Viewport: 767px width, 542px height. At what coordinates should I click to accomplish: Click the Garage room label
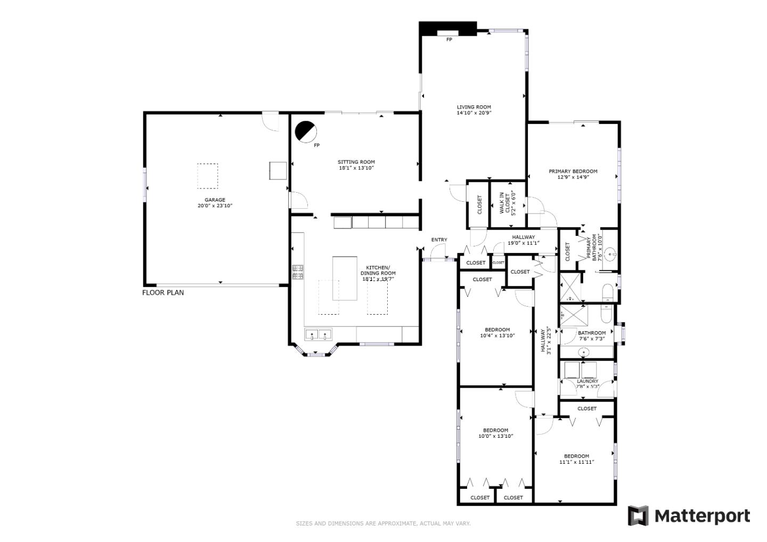(x=215, y=200)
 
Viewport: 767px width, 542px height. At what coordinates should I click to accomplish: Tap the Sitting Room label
(x=356, y=162)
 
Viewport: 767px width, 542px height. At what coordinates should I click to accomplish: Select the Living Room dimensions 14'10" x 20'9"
(x=474, y=113)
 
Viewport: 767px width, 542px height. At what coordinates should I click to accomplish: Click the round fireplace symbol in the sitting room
(x=306, y=132)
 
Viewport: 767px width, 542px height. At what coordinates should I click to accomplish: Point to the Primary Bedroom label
(x=573, y=171)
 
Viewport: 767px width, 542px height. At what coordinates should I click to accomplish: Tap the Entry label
(x=439, y=240)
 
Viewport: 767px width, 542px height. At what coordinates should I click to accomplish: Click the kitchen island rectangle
(x=345, y=278)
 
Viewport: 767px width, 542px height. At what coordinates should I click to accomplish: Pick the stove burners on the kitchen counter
(x=298, y=272)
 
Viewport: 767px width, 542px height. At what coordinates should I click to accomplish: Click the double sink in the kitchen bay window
(x=318, y=335)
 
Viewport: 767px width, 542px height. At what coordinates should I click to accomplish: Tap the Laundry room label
(x=588, y=381)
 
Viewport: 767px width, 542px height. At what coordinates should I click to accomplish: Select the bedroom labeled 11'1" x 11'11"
(x=576, y=459)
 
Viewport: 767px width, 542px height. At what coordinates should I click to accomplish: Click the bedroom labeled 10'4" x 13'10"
(x=497, y=333)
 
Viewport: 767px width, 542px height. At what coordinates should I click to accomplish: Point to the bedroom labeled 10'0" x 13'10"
(x=495, y=433)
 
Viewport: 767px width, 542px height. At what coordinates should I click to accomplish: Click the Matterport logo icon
(x=638, y=516)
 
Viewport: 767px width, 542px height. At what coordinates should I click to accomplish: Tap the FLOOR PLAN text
(x=163, y=292)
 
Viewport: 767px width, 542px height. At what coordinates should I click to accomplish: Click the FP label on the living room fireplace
(x=449, y=39)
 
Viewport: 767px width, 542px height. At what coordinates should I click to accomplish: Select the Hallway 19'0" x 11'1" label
(x=523, y=240)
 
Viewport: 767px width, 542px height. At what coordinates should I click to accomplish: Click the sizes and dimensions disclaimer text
(x=383, y=523)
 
